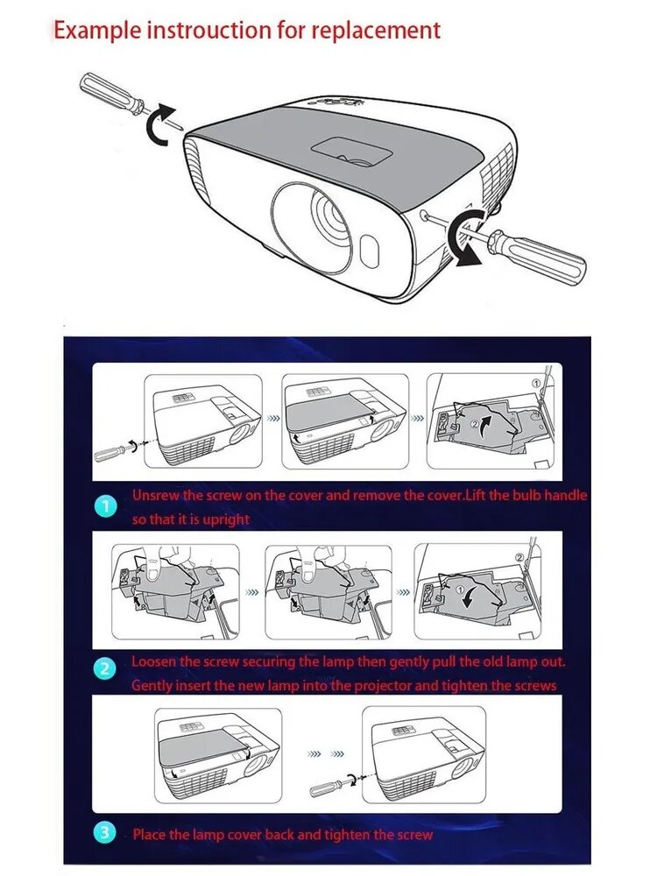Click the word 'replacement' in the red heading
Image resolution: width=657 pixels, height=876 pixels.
[376, 30]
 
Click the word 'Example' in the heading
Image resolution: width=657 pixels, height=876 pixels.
[97, 30]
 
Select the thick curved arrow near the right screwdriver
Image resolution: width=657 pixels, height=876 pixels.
[466, 237]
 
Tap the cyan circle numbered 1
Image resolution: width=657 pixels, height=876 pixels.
[106, 507]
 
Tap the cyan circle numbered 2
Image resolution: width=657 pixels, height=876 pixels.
[106, 668]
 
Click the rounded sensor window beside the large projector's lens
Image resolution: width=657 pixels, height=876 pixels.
[370, 250]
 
